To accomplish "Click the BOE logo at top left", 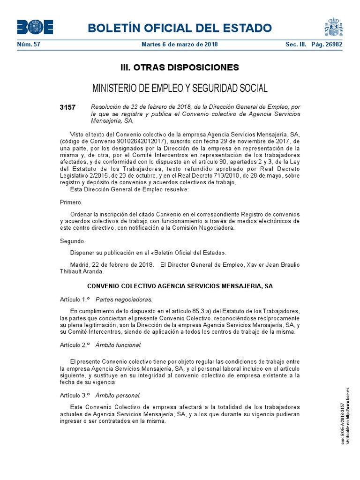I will pos(35,27).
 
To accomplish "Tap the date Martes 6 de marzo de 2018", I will pos(180,45).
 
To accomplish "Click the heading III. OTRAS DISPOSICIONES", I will pos(180,67).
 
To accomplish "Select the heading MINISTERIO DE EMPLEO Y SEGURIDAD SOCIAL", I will pos(180,88).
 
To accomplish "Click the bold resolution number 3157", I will pos(67,107).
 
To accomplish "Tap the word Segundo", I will pos(73,241).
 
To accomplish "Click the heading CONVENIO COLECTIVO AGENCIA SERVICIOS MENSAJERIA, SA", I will pos(180,285).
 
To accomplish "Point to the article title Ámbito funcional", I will pos(118,345).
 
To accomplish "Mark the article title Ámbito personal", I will pos(118,395).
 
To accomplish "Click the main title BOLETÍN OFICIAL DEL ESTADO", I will pos(180,28).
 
